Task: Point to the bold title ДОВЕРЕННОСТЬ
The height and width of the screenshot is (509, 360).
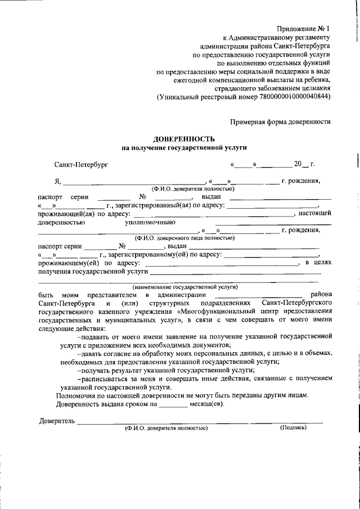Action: point(184,138)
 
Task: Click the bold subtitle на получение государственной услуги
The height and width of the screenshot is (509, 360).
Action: point(184,147)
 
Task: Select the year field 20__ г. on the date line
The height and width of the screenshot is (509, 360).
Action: point(304,165)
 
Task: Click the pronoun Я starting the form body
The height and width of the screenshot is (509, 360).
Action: point(57,181)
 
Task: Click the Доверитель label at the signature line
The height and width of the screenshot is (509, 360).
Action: point(56,421)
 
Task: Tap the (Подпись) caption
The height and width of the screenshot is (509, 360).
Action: point(293,428)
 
